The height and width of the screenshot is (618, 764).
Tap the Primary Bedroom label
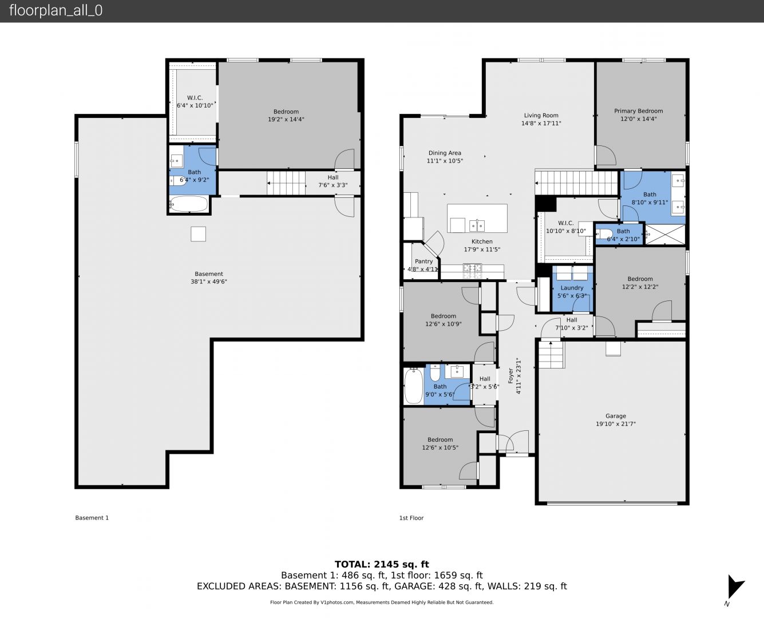[639, 111]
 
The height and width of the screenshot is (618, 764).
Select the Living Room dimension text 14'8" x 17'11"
[541, 124]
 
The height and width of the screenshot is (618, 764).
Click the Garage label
[616, 416]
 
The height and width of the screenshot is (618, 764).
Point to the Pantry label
[423, 262]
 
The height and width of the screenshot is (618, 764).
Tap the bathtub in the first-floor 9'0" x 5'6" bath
[414, 386]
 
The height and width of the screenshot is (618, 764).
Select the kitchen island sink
[477, 225]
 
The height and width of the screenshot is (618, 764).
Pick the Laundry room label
[572, 288]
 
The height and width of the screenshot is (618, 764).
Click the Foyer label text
[510, 376]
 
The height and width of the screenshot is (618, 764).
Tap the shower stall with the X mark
[665, 235]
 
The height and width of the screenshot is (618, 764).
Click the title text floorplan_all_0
[56, 10]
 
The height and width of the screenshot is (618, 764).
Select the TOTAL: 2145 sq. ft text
[382, 565]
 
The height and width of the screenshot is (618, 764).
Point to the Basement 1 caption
[92, 517]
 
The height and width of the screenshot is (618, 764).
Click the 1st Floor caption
[411, 518]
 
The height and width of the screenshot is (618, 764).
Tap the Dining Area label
[445, 153]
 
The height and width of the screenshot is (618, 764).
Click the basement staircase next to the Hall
[286, 183]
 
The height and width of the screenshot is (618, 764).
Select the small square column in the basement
[198, 234]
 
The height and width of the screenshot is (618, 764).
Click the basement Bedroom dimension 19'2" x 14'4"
[286, 120]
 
